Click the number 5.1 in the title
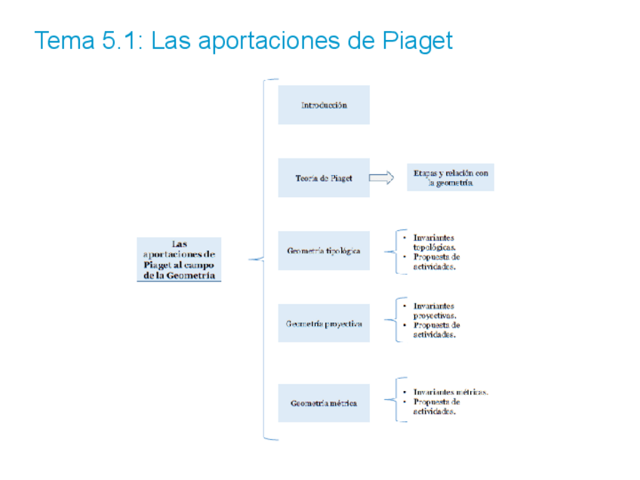[115, 41]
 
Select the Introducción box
[324, 105]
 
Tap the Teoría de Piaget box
[324, 178]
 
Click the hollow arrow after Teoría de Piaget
[381, 178]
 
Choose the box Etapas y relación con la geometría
[451, 178]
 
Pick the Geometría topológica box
[324, 251]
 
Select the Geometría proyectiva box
[324, 324]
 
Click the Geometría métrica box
[324, 403]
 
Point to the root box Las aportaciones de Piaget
[179, 260]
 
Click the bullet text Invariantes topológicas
[434, 242]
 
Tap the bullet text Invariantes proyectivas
[434, 310]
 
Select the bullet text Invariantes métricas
[451, 392]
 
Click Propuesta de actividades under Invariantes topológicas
[436, 261]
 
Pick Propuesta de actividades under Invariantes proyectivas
[436, 330]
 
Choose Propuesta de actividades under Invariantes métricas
[436, 407]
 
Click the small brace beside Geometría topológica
[392, 251]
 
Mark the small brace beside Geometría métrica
[392, 399]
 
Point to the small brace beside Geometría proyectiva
[392, 320]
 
